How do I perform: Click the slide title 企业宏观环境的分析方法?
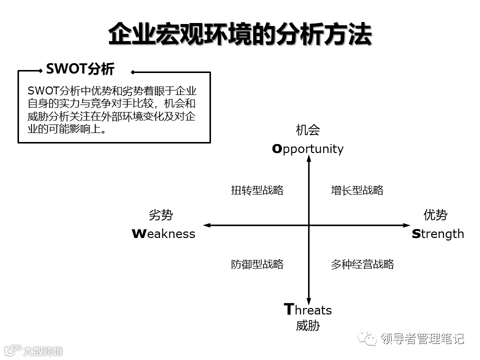[240, 34]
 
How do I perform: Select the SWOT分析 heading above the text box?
[80, 69]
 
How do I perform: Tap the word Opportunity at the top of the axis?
[307, 148]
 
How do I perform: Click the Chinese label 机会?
[307, 130]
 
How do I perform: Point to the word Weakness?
[163, 234]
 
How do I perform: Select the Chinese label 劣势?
[160, 215]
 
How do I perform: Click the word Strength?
[437, 234]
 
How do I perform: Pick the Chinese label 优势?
[435, 215]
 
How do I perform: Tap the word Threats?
[307, 310]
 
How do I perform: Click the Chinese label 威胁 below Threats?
[307, 326]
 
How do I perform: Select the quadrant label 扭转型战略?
[257, 190]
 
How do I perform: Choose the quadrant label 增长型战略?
[357, 190]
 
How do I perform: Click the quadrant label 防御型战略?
[257, 264]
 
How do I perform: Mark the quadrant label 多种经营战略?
[362, 264]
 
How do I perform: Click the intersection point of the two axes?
[308, 225]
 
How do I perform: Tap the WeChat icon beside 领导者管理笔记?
[370, 339]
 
